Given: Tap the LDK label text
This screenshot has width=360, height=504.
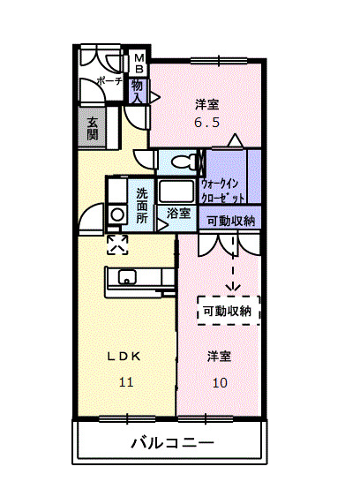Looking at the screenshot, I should click(x=124, y=357).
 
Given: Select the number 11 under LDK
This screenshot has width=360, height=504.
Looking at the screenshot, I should click(x=125, y=382).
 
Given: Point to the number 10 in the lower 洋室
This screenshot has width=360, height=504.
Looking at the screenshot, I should click(x=220, y=382).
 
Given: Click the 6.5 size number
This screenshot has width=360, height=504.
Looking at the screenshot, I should click(x=206, y=123).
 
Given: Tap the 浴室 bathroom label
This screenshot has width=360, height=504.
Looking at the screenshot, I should click(x=177, y=212).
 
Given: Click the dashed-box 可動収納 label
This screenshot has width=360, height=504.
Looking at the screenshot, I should click(x=228, y=310).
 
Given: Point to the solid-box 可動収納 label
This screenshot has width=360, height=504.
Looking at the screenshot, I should click(x=229, y=221).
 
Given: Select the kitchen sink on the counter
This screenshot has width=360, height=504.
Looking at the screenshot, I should click(x=127, y=279).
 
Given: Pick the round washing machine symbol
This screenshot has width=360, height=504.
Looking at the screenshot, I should click(x=116, y=214).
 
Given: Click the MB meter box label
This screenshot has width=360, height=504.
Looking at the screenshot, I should click(x=139, y=66).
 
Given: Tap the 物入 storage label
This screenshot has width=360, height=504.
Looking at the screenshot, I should click(x=139, y=91).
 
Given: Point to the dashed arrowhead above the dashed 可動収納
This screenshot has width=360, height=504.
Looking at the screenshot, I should click(x=233, y=286).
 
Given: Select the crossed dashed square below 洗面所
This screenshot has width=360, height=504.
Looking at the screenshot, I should click(x=116, y=244).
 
